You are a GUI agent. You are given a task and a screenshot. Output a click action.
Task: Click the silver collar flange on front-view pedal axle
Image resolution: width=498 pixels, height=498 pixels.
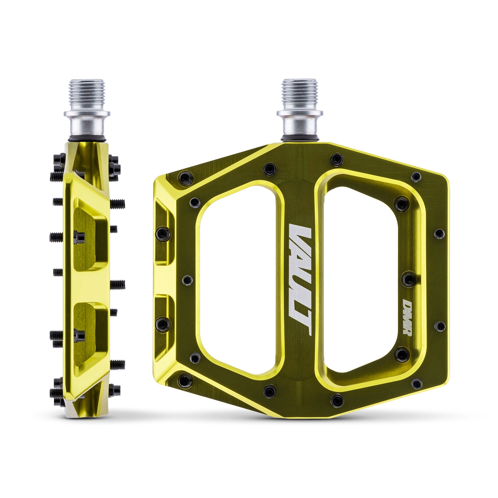coord(300,113)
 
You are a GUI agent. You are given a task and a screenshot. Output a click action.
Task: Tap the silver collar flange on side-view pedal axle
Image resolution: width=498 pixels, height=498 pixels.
coord(87,113)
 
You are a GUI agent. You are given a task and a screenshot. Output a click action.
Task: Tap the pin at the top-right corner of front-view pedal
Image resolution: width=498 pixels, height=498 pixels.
coord(416,177)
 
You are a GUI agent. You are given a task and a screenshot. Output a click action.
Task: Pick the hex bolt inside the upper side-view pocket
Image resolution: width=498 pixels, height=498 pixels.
coord(79,237)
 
